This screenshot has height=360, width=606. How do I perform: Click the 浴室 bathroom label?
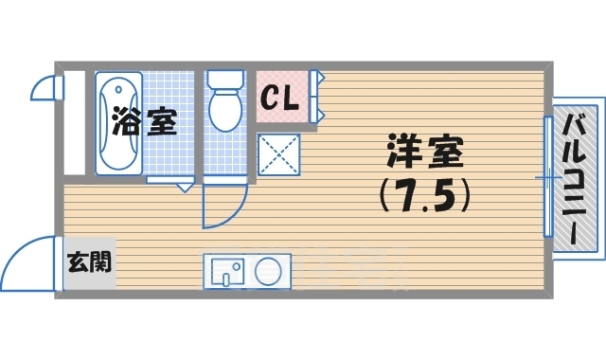tap(144, 122)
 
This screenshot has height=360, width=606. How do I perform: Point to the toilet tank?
tap(225, 80)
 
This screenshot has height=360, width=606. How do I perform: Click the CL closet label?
tap(280, 96)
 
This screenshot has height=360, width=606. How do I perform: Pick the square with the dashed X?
tap(279, 153)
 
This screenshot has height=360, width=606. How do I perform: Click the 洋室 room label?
tap(424, 152)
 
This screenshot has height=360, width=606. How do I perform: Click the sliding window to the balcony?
tap(547, 177)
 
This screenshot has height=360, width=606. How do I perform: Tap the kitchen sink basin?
tap(224, 270)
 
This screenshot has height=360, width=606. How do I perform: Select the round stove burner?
tap(268, 270)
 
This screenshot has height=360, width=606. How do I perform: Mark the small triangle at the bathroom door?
tap(185, 187)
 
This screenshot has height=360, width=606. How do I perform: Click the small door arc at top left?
tap(44, 88)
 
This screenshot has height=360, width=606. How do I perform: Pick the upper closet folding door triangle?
tap(322, 80)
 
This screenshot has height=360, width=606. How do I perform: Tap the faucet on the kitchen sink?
tap(226, 279)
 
